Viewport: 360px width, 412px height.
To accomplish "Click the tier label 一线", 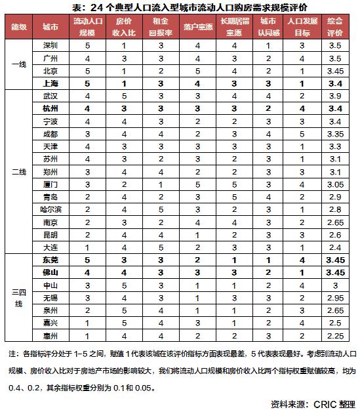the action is [18, 64].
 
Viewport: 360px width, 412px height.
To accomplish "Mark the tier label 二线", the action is [18, 172].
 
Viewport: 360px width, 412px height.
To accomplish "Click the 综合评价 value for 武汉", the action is [336, 96].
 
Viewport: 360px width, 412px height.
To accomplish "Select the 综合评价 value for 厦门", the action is [336, 184].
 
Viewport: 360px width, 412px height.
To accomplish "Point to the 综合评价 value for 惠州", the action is [336, 336].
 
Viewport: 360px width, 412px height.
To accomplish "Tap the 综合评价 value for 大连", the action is [336, 247].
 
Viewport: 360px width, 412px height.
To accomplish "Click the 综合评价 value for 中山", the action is [336, 285].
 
